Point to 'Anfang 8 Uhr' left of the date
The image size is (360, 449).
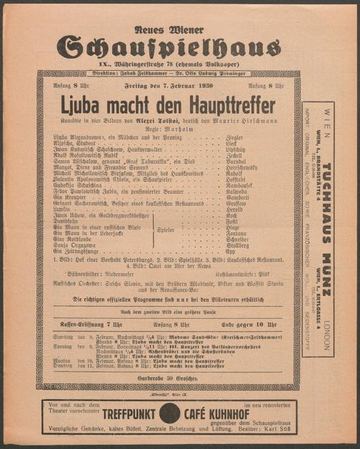(x=64, y=87)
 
